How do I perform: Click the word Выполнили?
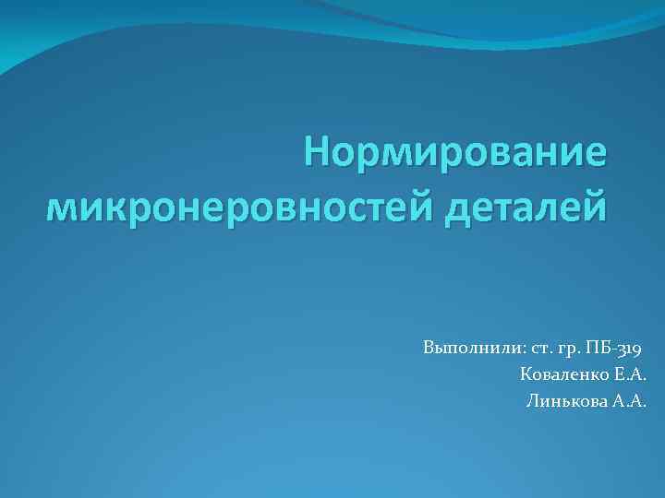coord(469,349)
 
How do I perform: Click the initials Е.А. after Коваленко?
coord(628,374)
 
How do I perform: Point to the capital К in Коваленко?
coord(526,374)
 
